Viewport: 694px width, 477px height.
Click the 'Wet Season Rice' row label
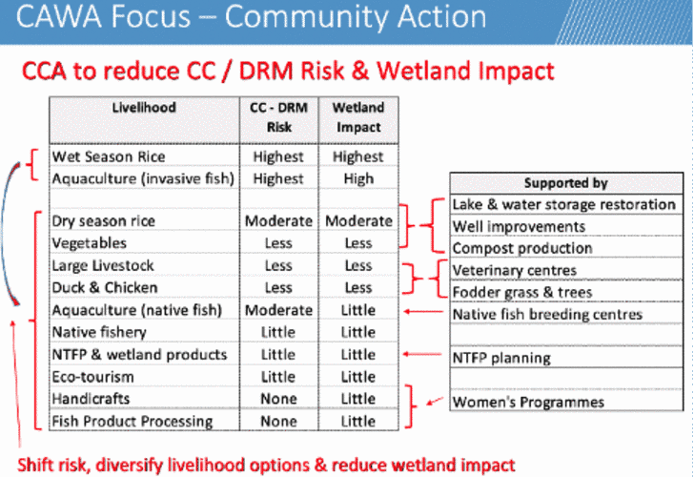109,156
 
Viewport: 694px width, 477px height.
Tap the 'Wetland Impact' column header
358,117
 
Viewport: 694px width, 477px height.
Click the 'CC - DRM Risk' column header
278,117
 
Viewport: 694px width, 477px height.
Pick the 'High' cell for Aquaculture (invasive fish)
358,178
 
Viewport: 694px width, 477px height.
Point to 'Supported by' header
565,183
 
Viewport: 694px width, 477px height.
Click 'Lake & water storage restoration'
564,204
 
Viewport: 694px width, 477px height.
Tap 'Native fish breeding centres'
546,314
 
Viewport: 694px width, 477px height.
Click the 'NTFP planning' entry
501,358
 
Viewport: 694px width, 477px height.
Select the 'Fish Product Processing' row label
132,421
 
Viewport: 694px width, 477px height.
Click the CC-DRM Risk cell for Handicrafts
278,399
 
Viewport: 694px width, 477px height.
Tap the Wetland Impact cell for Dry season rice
358,220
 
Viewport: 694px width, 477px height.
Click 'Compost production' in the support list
521,248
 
